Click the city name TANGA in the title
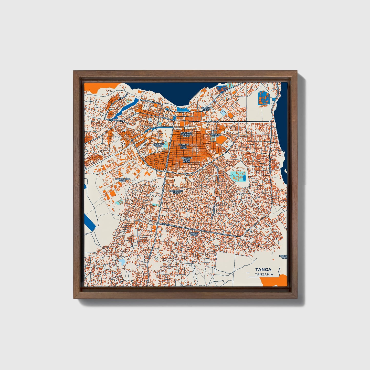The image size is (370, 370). click(263, 269)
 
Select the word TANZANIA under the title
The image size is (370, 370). click(264, 274)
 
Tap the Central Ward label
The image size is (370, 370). click(206, 109)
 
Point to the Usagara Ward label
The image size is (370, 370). click(215, 135)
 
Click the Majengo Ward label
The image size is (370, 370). click(158, 145)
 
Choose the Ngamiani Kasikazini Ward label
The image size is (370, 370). click(186, 134)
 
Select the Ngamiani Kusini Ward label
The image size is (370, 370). click(186, 160)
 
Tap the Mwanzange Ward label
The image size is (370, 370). click(122, 180)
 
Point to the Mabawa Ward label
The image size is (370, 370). click(194, 234)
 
